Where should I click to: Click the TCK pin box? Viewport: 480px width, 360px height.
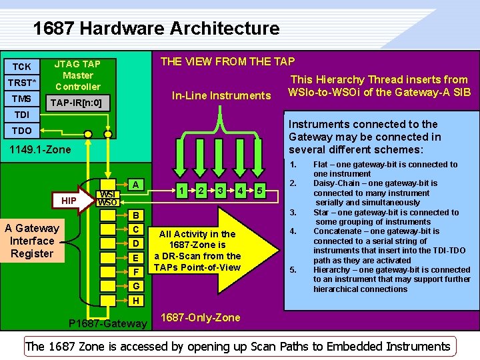(x=21, y=67)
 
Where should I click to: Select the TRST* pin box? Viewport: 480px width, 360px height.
(x=21, y=83)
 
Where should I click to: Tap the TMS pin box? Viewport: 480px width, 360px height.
(x=21, y=99)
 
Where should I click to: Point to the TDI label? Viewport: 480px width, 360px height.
(x=21, y=115)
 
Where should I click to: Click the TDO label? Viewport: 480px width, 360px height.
(x=21, y=131)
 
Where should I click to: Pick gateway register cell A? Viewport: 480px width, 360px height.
(x=135, y=184)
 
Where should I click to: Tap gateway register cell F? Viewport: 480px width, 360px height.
(x=135, y=271)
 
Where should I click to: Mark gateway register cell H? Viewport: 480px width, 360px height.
(x=135, y=301)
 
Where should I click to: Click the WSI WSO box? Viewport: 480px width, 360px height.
(x=108, y=198)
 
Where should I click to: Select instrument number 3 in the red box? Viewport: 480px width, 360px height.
(x=219, y=191)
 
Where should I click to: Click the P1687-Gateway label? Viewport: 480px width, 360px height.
(x=108, y=324)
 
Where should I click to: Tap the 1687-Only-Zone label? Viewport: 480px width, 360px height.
(x=201, y=317)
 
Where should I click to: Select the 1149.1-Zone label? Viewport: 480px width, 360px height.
(x=40, y=149)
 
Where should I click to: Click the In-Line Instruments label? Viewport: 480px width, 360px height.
(x=221, y=95)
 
